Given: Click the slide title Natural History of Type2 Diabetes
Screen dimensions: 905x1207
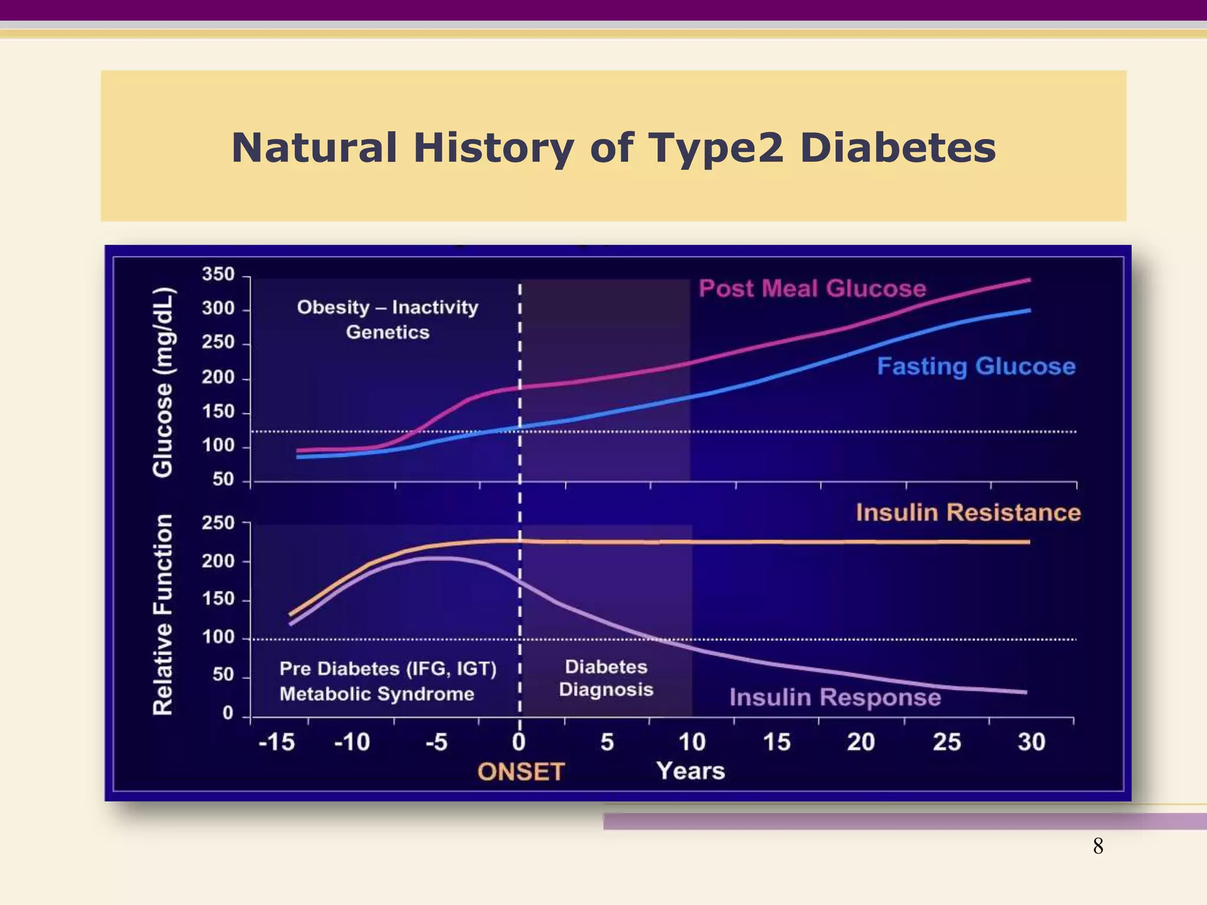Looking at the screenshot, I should pyautogui.click(x=613, y=147).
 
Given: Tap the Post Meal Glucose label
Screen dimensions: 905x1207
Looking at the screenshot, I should pyautogui.click(x=812, y=289).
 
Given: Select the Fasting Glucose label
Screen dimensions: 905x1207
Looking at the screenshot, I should pyautogui.click(x=976, y=366).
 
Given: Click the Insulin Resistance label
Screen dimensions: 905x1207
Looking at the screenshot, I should pyautogui.click(x=968, y=513).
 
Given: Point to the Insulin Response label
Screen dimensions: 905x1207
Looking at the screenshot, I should pyautogui.click(x=835, y=698).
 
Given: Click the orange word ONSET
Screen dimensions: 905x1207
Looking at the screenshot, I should pyautogui.click(x=520, y=772).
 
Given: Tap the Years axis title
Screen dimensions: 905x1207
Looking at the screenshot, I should pyautogui.click(x=690, y=771).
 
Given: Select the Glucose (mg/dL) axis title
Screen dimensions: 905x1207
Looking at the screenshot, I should pyautogui.click(x=163, y=382).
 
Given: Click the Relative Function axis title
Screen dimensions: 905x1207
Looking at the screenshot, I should pyautogui.click(x=163, y=615).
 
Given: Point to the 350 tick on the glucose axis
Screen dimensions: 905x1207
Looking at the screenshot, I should pyautogui.click(x=218, y=275).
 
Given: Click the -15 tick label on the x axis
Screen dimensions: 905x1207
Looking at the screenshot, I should pyautogui.click(x=276, y=742).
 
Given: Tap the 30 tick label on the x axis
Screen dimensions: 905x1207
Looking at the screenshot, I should pyautogui.click(x=1031, y=742).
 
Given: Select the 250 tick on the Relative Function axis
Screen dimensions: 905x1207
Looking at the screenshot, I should pyautogui.click(x=218, y=523).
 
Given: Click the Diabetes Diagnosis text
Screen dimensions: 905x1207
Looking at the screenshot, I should pyautogui.click(x=606, y=678).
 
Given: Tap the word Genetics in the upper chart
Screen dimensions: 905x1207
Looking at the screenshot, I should pyautogui.click(x=387, y=332).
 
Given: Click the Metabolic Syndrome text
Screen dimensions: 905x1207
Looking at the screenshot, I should pyautogui.click(x=377, y=694).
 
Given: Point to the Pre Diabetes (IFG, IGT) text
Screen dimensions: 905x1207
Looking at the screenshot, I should pyautogui.click(x=388, y=669).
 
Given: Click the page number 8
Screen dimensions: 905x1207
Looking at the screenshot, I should pyautogui.click(x=1098, y=846).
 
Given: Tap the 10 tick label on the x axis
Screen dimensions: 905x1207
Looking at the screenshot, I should pyautogui.click(x=691, y=742).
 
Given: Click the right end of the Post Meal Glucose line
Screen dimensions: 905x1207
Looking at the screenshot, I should pyautogui.click(x=1028, y=280).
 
